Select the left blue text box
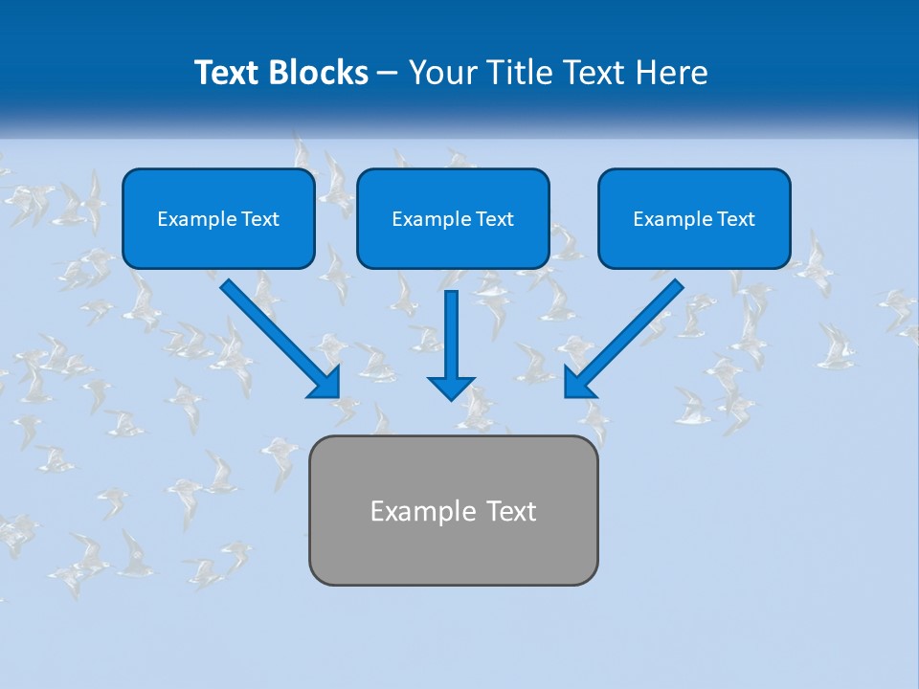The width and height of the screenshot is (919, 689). click(218, 218)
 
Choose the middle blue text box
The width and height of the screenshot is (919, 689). click(453, 218)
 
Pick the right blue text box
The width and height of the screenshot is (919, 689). click(694, 218)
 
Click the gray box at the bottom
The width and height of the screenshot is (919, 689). click(453, 510)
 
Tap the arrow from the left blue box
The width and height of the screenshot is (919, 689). click(278, 336)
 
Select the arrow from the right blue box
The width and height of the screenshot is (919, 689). click(626, 336)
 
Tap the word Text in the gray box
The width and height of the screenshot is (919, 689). click(511, 511)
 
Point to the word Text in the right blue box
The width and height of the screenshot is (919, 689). click(735, 219)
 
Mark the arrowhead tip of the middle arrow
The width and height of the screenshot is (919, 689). click(451, 398)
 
